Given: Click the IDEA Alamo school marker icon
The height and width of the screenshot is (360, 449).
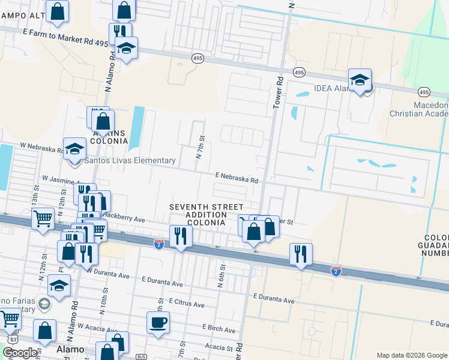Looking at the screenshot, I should (360, 80).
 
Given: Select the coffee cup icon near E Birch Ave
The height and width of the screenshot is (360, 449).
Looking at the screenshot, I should (158, 323).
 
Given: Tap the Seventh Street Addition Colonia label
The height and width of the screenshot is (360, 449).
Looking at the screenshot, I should (198, 214).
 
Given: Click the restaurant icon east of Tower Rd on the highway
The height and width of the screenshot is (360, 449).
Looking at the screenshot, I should (301, 253).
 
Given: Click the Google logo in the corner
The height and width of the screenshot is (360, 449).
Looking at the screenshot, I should (20, 352).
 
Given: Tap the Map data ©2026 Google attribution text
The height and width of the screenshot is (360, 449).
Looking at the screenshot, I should (412, 355).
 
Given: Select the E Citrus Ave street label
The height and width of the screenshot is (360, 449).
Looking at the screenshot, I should (187, 304).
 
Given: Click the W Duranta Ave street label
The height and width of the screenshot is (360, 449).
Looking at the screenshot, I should (107, 275).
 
